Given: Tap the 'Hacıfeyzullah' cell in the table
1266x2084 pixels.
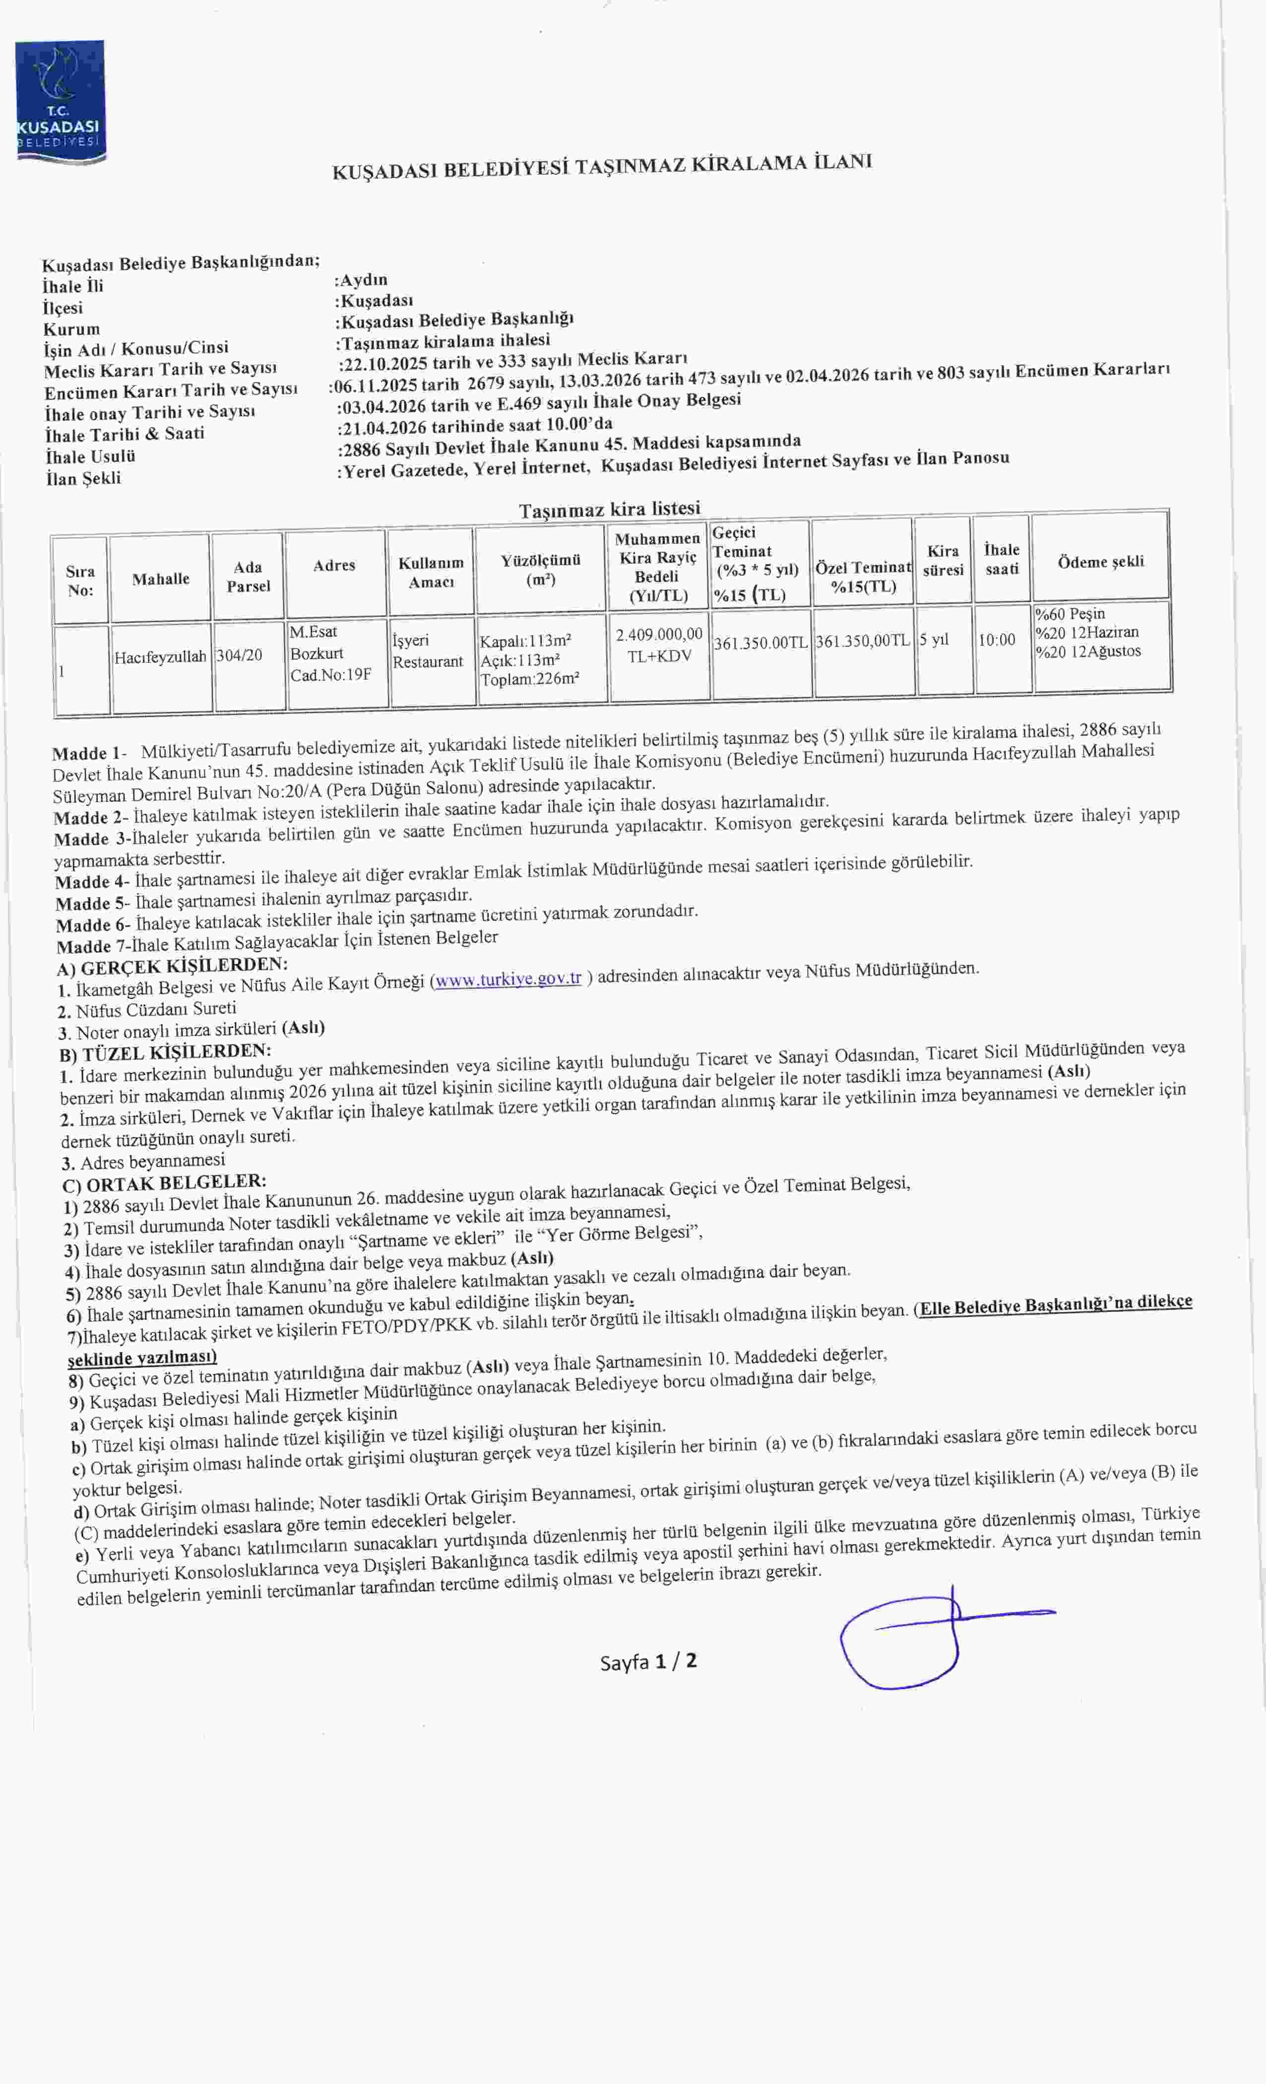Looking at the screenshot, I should pos(161,656).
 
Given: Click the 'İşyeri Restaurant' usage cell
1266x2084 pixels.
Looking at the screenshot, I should pos(428,651).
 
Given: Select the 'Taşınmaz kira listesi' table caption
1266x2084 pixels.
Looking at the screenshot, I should pos(610,509).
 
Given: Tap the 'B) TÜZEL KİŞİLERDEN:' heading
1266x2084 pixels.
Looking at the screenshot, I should pos(166,1052).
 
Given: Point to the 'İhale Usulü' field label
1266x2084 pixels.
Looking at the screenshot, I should pos(90,456).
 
